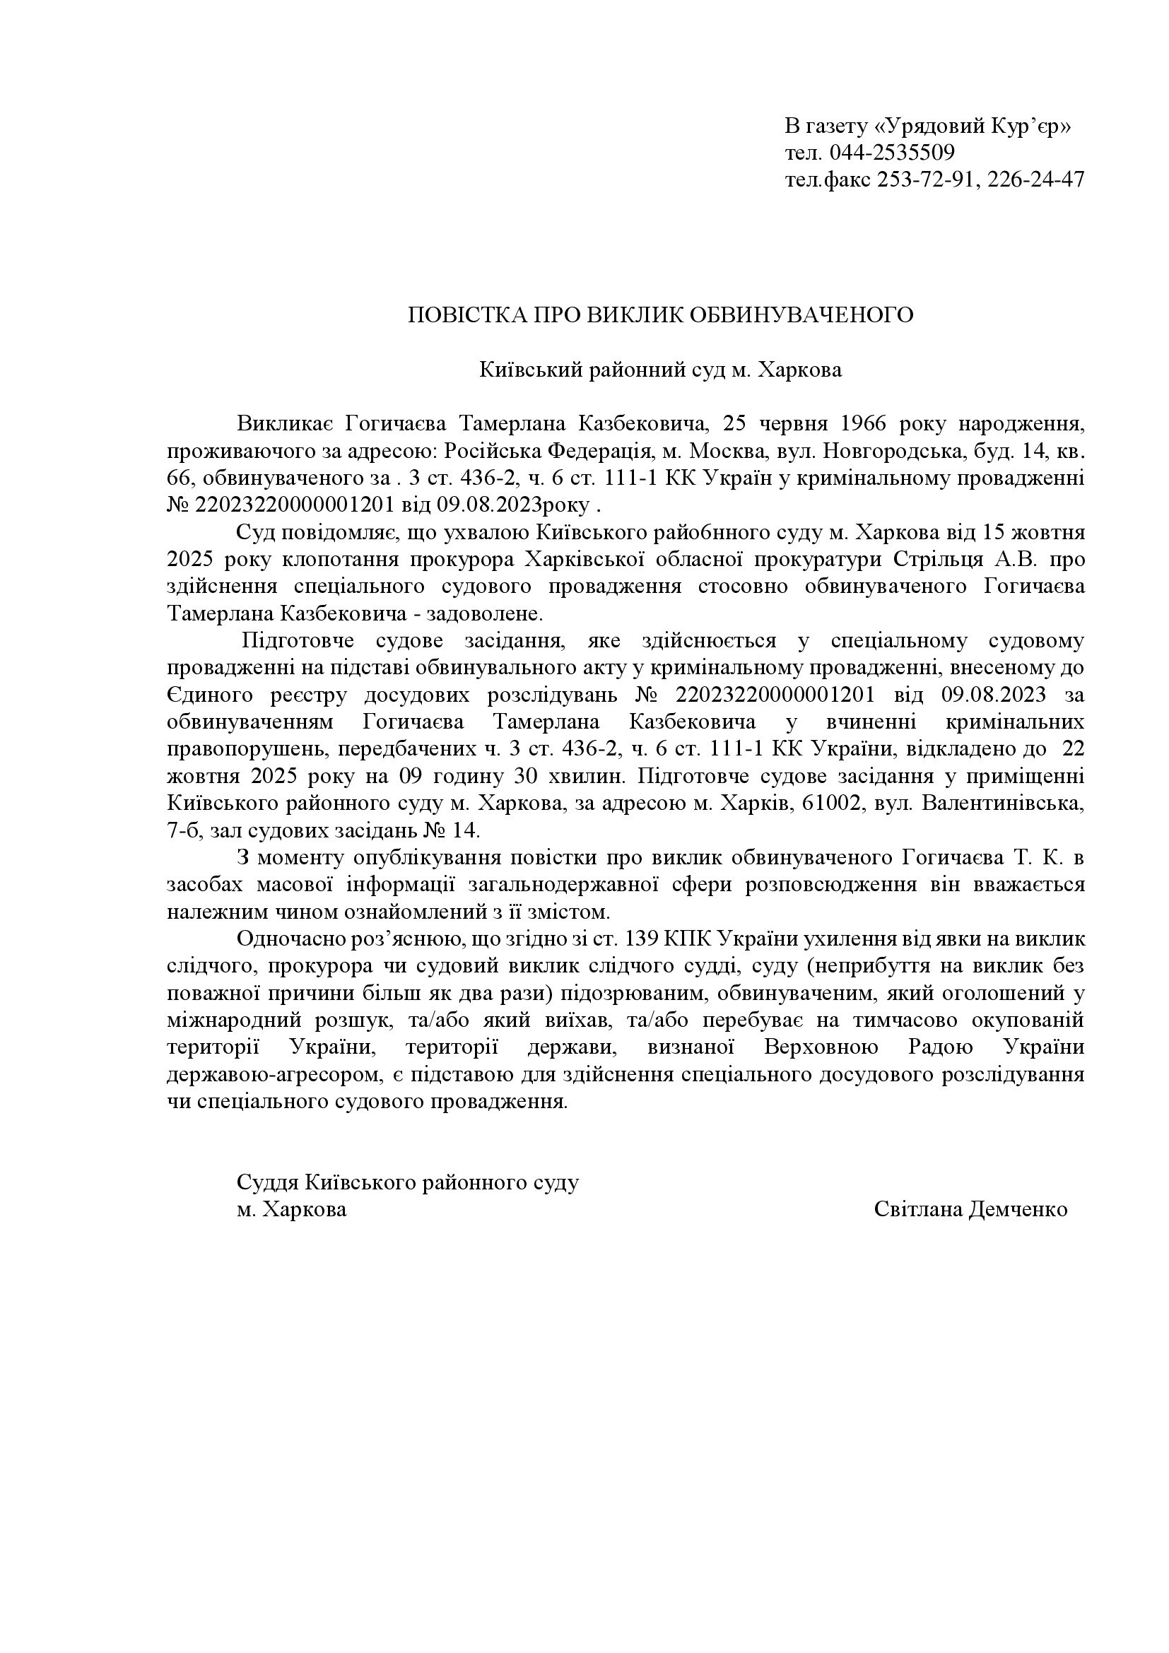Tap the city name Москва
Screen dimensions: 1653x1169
click(x=717, y=452)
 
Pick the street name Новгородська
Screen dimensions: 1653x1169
click(x=876, y=452)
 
